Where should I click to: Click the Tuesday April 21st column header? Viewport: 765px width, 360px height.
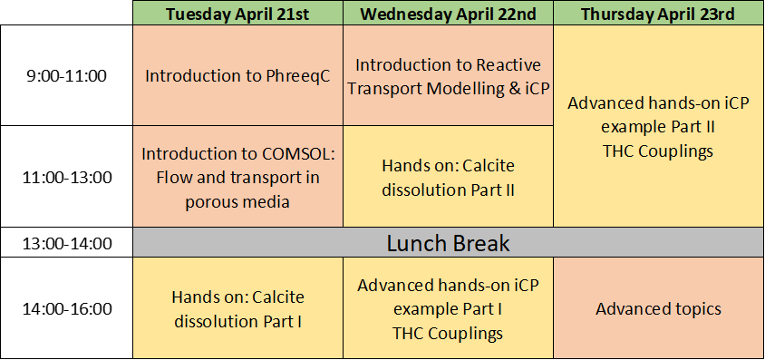tap(237, 14)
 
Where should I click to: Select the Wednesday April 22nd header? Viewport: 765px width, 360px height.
tap(449, 14)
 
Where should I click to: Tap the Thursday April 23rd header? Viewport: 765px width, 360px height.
tap(658, 14)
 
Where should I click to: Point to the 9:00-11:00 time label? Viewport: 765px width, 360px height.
tap(67, 76)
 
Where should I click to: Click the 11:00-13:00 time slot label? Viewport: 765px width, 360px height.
tap(67, 178)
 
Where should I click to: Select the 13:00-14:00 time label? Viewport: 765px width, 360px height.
tap(67, 243)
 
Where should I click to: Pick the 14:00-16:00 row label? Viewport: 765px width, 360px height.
tap(67, 309)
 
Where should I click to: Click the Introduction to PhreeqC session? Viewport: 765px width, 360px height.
tap(237, 75)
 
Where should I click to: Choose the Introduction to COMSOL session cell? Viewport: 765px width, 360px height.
tap(237, 177)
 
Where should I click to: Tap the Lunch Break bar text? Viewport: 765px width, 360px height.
tap(449, 243)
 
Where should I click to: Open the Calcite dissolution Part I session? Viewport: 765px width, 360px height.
tap(237, 308)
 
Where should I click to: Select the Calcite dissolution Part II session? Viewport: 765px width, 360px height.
tap(449, 177)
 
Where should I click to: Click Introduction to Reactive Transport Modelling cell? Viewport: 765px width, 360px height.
tap(449, 75)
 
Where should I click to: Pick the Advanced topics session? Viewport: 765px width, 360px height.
tap(658, 308)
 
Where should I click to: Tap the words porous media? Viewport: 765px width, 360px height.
tap(237, 202)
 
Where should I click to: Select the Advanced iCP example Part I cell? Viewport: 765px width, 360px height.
tap(449, 308)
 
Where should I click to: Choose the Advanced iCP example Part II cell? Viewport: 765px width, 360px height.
tap(658, 126)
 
